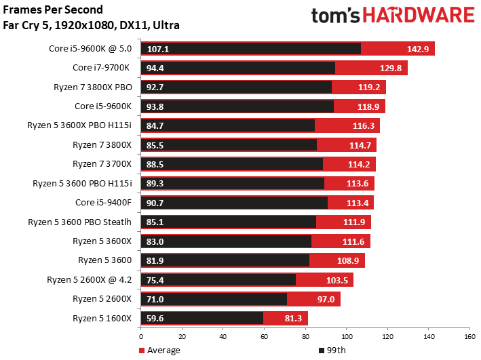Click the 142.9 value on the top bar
pyautogui.click(x=418, y=49)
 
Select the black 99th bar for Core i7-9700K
pyautogui.click(x=238, y=68)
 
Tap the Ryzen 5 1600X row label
pyautogui.click(x=102, y=318)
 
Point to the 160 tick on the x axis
pyautogui.click(x=469, y=337)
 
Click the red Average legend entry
pyautogui.click(x=159, y=351)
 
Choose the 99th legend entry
pyautogui.click(x=332, y=351)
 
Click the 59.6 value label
pyautogui.click(x=155, y=318)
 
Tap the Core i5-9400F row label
pyautogui.click(x=103, y=203)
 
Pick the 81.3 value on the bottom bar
pyautogui.click(x=293, y=318)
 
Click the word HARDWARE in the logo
pyautogui.click(x=419, y=15)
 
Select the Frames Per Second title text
pyautogui.click(x=53, y=9)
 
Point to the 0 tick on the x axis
pyautogui.click(x=141, y=337)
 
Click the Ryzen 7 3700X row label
pyautogui.click(x=102, y=164)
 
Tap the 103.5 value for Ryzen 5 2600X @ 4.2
pyautogui.click(x=336, y=280)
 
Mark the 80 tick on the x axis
pyautogui.click(x=305, y=337)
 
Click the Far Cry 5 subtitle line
pyautogui.click(x=91, y=25)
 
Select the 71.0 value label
pyautogui.click(x=155, y=299)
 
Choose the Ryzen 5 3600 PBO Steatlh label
pyautogui.click(x=79, y=222)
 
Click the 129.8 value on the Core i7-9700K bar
pyautogui.click(x=391, y=68)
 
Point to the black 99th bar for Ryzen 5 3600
pyautogui.click(x=225, y=260)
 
